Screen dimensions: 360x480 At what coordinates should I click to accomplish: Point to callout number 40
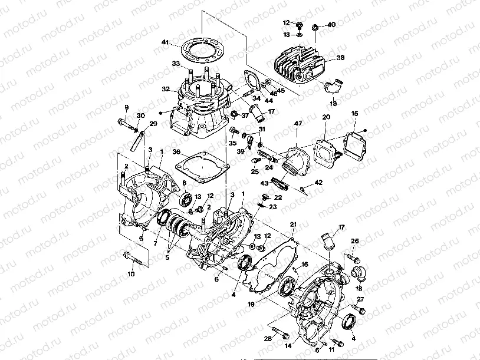coord(331,25)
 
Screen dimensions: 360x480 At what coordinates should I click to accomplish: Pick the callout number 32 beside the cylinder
coord(166,90)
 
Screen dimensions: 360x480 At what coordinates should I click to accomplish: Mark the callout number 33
coord(175,63)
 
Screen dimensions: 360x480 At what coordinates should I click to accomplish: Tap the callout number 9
coord(126,107)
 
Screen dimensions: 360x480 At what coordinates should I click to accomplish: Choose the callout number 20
coord(326,118)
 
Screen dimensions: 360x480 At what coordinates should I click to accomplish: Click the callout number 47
coord(298,124)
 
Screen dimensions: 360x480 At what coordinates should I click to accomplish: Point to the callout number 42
coord(319,183)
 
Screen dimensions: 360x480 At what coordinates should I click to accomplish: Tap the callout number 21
coord(293,225)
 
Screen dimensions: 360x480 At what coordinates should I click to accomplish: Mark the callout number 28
coord(267,338)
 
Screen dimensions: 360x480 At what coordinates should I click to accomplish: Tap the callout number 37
coord(245,115)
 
